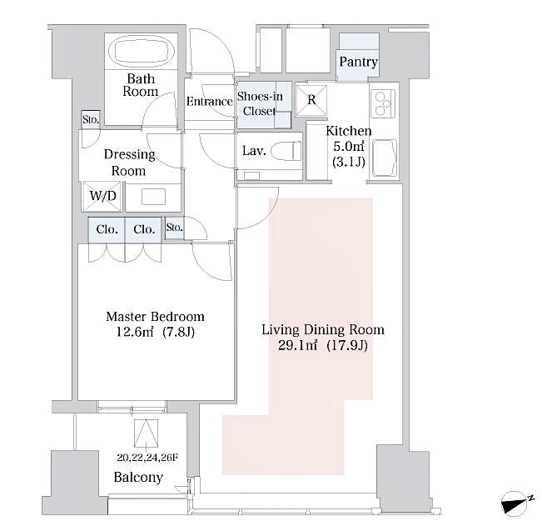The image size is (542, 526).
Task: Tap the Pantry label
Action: point(359,63)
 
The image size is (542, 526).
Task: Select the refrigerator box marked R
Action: point(311,99)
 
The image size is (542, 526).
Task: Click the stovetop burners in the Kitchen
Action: point(383,103)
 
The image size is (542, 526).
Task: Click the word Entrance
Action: point(209,103)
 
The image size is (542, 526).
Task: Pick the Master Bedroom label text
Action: point(155,318)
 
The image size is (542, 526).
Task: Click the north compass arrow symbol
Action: point(515,502)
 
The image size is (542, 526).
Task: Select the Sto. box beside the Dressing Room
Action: point(90,120)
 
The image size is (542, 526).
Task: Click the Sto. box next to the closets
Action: point(174,228)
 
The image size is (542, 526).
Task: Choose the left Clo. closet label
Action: point(107,229)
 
